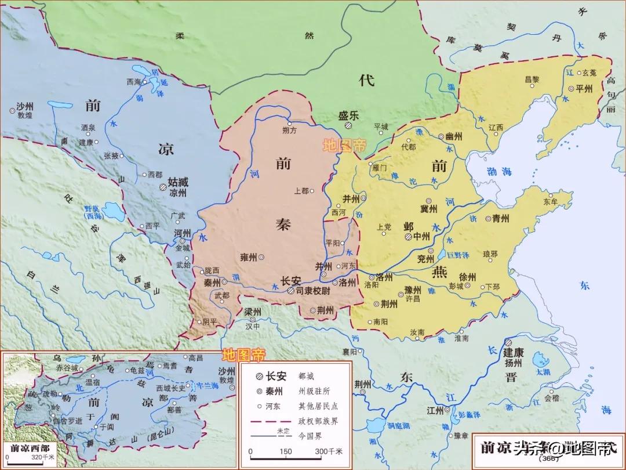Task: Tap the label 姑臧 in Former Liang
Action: (177, 182)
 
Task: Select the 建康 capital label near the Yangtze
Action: (514, 352)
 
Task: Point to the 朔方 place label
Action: (289, 130)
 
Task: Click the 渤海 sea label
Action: (498, 171)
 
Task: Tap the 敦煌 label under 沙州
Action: (24, 116)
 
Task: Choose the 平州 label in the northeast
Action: (584, 89)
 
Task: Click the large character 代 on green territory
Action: (366, 80)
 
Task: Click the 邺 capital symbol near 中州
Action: (408, 237)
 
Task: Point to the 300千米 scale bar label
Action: (329, 451)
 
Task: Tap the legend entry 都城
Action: (307, 375)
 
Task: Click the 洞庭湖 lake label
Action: (399, 426)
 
